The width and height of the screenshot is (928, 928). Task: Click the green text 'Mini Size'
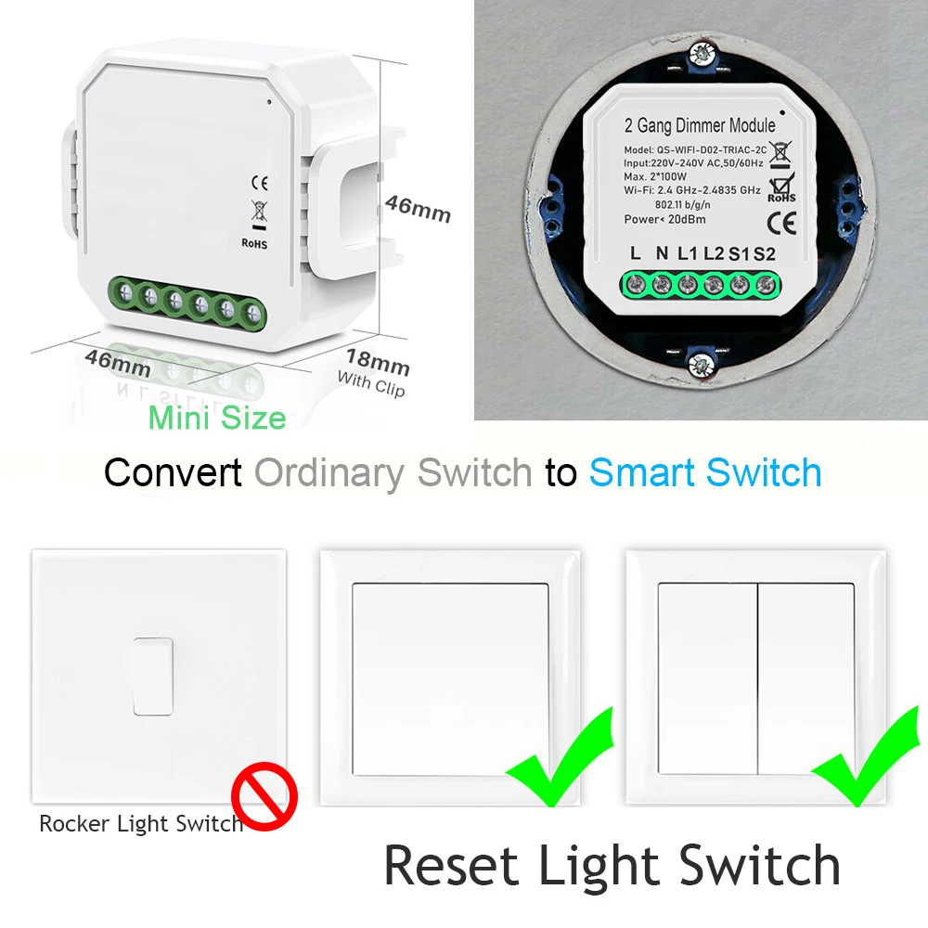[x=217, y=419]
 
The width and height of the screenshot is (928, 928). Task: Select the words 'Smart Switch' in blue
[x=705, y=472]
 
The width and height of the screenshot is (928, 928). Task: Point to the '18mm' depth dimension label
[x=378, y=360]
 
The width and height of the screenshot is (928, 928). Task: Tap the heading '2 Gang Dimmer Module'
[x=688, y=125]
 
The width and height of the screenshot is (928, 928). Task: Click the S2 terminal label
[x=764, y=253]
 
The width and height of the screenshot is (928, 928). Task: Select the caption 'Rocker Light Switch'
[x=140, y=823]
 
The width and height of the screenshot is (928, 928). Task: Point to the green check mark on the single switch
[x=559, y=756]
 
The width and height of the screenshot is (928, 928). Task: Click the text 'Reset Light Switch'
[x=612, y=865]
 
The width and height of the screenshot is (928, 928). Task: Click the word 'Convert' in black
[x=174, y=472]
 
